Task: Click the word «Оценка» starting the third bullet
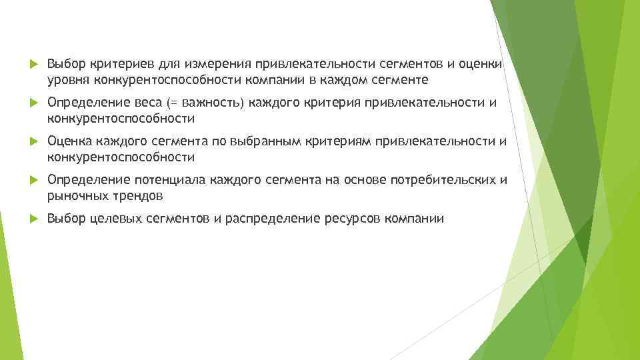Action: click(69, 141)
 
